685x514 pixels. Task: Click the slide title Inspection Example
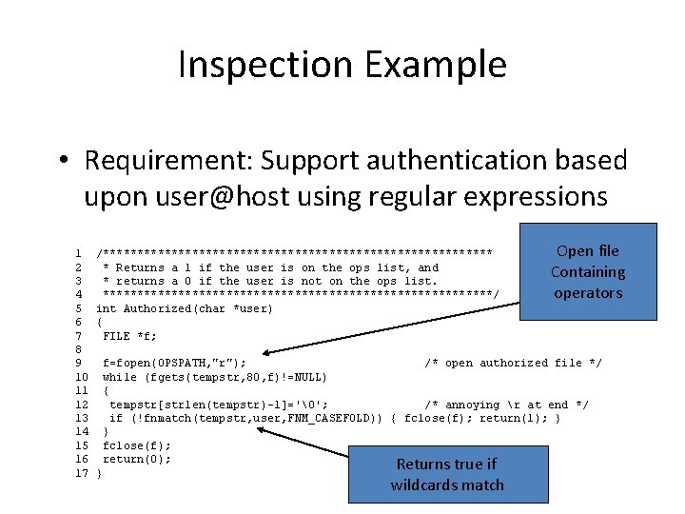pos(342,66)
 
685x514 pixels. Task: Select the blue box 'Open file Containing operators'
pos(588,272)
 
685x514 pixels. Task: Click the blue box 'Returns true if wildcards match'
pos(446,474)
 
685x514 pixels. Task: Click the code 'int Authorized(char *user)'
pos(185,308)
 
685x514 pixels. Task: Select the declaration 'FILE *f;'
pos(130,336)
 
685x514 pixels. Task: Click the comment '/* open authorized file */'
pos(513,363)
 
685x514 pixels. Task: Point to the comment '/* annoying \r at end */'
pos(506,405)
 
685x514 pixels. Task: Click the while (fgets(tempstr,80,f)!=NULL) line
pos(215,377)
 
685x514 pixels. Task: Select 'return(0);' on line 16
pos(137,459)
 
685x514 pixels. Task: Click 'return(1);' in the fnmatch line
pos(514,418)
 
